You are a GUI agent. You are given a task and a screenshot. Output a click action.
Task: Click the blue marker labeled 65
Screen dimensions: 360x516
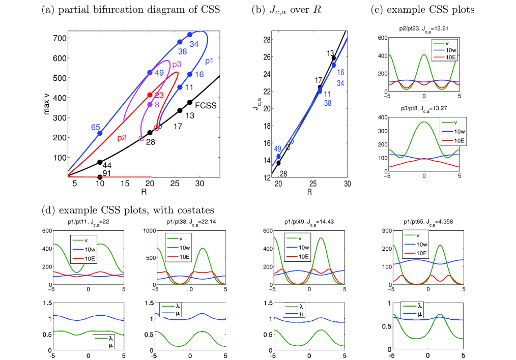tap(100, 133)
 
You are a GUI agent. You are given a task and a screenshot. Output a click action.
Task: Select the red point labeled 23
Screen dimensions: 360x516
tap(150, 95)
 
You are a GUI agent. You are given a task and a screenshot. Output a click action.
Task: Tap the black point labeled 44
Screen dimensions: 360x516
tap(100, 162)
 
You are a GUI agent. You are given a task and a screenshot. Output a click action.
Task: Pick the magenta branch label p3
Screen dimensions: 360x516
tap(177, 65)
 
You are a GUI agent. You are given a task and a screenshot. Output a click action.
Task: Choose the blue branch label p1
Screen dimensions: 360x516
tap(209, 62)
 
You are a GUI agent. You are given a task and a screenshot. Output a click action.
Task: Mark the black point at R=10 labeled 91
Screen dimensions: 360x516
tap(100, 177)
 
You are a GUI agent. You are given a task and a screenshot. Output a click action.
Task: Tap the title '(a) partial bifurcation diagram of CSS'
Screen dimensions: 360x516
tap(130, 10)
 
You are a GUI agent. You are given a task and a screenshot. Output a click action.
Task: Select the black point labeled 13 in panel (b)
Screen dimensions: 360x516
tap(334, 58)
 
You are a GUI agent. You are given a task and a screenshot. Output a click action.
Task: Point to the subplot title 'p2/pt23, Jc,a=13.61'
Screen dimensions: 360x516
tap(423, 30)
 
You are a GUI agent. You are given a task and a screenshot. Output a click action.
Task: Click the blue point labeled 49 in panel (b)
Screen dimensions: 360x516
tap(278, 157)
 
